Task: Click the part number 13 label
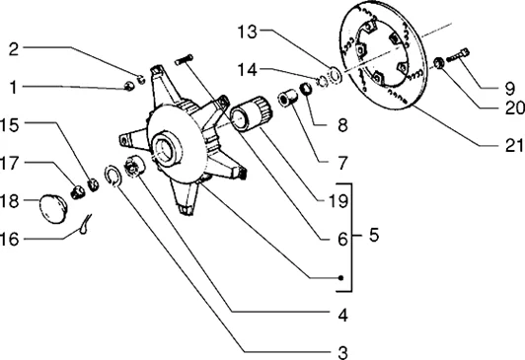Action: coord(247,33)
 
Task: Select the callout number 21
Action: coord(514,146)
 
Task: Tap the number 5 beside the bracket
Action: coord(374,235)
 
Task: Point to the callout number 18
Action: coord(9,201)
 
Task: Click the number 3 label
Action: coord(342,353)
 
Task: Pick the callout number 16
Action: coord(9,240)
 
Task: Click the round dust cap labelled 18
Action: coord(53,208)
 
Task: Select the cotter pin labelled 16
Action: coord(85,224)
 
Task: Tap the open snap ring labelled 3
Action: coord(112,176)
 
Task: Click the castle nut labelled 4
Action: coord(134,167)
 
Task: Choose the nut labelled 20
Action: coord(438,63)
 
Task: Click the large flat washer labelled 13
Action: coord(335,76)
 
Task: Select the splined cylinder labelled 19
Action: coord(252,112)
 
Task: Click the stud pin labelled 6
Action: coord(184,59)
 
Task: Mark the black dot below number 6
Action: coord(340,278)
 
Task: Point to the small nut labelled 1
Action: coord(129,86)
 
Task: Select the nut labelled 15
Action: coord(93,185)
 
